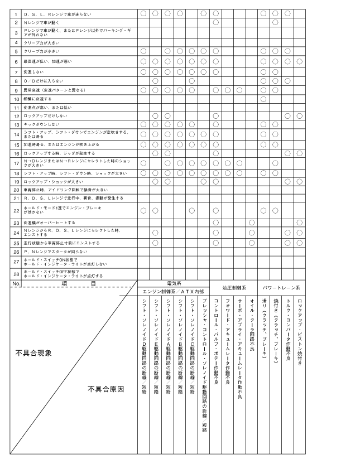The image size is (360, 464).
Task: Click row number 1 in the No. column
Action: [x=17, y=12]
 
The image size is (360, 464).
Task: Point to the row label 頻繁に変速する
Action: [x=37, y=99]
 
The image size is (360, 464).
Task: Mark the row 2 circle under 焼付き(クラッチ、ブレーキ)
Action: [x=276, y=22]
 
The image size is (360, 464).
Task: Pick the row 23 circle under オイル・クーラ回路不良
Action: [x=252, y=223]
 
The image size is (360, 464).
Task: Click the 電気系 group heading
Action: [x=174, y=283]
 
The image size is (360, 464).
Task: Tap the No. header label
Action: [x=16, y=283]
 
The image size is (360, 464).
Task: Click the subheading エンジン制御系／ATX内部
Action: [x=174, y=292]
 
